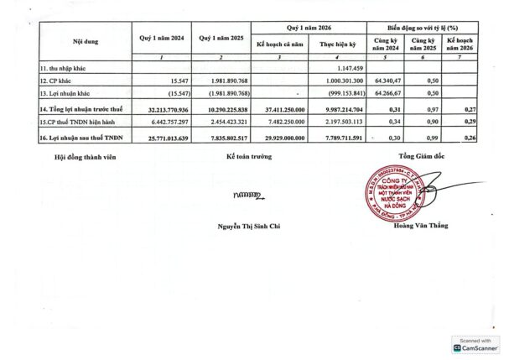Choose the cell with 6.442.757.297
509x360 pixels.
pos(158,123)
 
